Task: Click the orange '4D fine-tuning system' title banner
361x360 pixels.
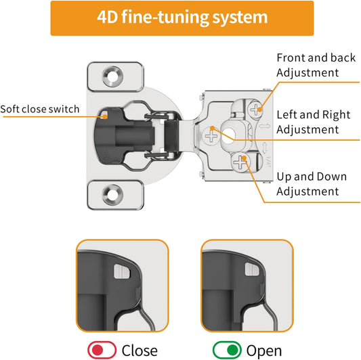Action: [x=182, y=18]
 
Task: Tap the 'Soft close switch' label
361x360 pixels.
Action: [x=40, y=109]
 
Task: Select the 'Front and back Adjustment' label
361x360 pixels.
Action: [x=316, y=65]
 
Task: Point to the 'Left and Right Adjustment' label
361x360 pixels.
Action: [x=314, y=122]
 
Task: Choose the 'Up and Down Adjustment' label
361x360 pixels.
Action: [x=312, y=184]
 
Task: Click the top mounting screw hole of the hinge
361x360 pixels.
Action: [x=112, y=76]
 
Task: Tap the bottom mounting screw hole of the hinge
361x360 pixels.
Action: [x=112, y=195]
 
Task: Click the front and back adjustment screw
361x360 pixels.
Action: [x=255, y=109]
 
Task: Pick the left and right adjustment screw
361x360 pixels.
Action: [x=211, y=136]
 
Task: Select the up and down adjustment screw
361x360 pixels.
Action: [x=240, y=162]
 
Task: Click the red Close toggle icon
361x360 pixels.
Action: [x=102, y=350]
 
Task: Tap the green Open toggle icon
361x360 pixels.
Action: [x=227, y=350]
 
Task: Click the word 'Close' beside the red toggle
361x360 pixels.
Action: [x=140, y=351]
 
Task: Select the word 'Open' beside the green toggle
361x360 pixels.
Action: [x=264, y=351]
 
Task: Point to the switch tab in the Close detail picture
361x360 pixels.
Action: [x=122, y=271]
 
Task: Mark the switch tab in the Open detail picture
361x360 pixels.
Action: [x=252, y=269]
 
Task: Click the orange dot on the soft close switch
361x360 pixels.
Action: [x=105, y=116]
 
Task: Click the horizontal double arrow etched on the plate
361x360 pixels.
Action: [x=264, y=126]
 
